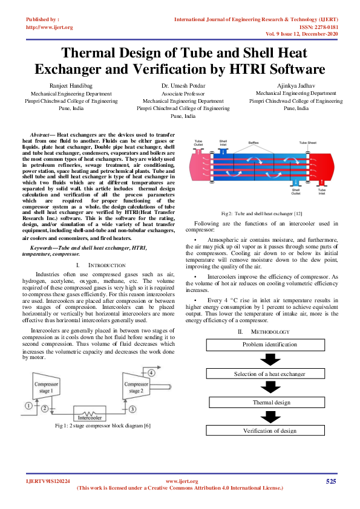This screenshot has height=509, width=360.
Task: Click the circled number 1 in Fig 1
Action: click(28, 406)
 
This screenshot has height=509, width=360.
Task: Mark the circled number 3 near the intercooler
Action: click(132, 409)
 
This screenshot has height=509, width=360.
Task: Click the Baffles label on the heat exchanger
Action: click(253, 143)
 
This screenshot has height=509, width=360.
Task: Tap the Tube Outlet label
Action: click(198, 143)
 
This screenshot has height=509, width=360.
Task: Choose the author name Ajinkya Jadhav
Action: click(296, 86)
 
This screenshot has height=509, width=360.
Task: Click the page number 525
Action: click(330, 481)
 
